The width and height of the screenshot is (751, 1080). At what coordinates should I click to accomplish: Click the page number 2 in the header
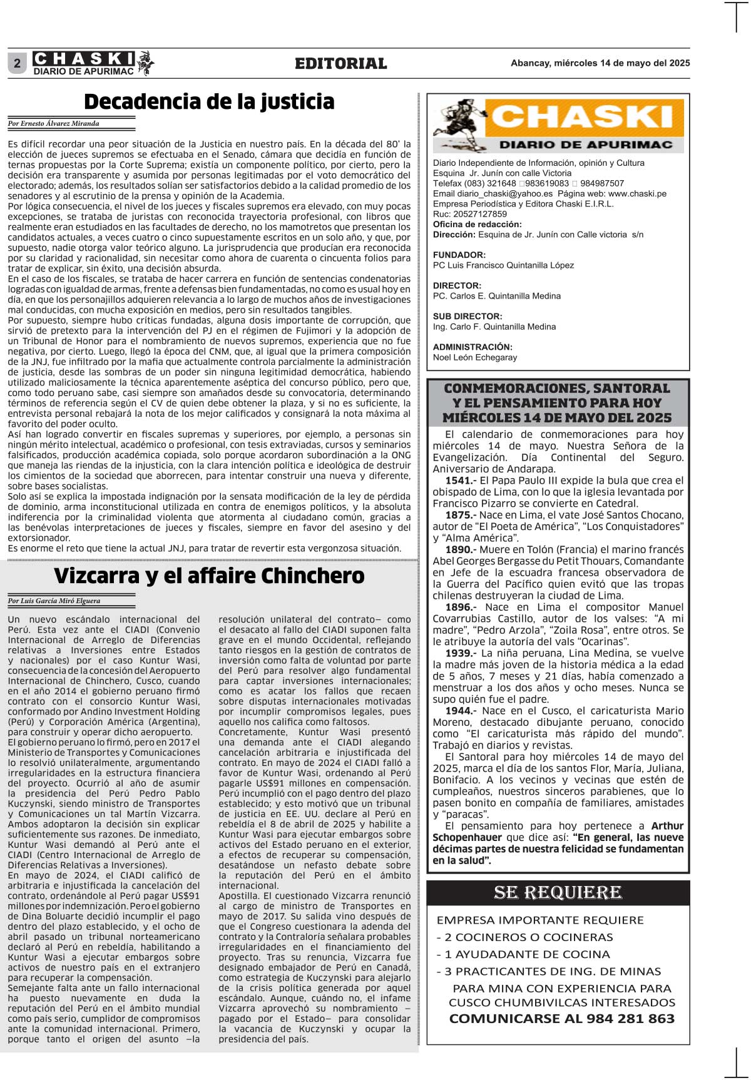click(17, 63)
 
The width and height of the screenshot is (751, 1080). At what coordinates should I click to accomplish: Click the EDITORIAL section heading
click(341, 63)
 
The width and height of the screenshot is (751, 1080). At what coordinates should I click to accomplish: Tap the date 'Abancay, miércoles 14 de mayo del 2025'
click(600, 63)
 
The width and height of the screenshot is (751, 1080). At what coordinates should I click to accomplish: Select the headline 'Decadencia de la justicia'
click(209, 101)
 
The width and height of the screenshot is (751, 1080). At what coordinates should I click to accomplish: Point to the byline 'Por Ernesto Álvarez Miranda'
click(54, 123)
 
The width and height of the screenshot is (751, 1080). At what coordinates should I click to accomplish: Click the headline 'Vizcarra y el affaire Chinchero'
click(209, 576)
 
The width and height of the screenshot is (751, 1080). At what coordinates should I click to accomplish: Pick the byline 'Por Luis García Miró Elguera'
click(54, 601)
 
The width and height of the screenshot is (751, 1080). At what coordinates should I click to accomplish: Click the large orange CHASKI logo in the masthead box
click(583, 118)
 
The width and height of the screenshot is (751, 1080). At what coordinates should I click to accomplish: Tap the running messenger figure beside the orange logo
click(460, 125)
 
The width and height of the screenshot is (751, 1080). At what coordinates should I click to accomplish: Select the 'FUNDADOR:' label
click(459, 255)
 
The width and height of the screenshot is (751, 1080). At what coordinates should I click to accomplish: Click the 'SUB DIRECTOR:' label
click(467, 316)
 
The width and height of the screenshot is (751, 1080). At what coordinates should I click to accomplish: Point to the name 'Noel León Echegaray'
click(475, 357)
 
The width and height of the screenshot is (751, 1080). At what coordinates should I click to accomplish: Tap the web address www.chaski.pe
click(637, 193)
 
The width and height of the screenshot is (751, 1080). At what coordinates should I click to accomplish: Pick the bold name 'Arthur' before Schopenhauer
click(667, 826)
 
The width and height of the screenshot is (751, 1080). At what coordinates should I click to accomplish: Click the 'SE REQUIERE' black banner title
click(558, 892)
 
